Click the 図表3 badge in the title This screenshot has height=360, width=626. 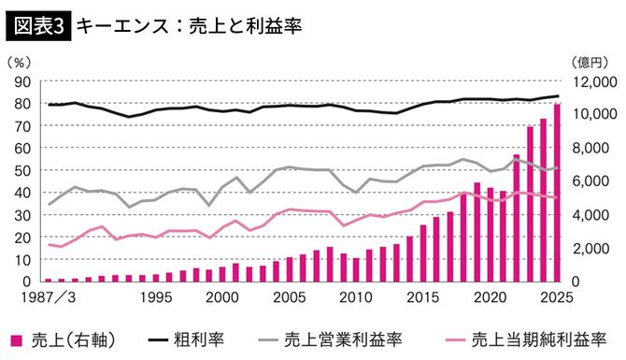37,26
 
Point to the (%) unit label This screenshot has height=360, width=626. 21,63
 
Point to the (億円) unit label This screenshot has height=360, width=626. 586,63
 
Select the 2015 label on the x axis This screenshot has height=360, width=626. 422,297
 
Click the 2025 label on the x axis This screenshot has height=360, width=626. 555,297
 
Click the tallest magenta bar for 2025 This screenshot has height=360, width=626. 557,192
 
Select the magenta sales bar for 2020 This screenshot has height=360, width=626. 490,234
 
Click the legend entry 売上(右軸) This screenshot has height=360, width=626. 64,337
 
